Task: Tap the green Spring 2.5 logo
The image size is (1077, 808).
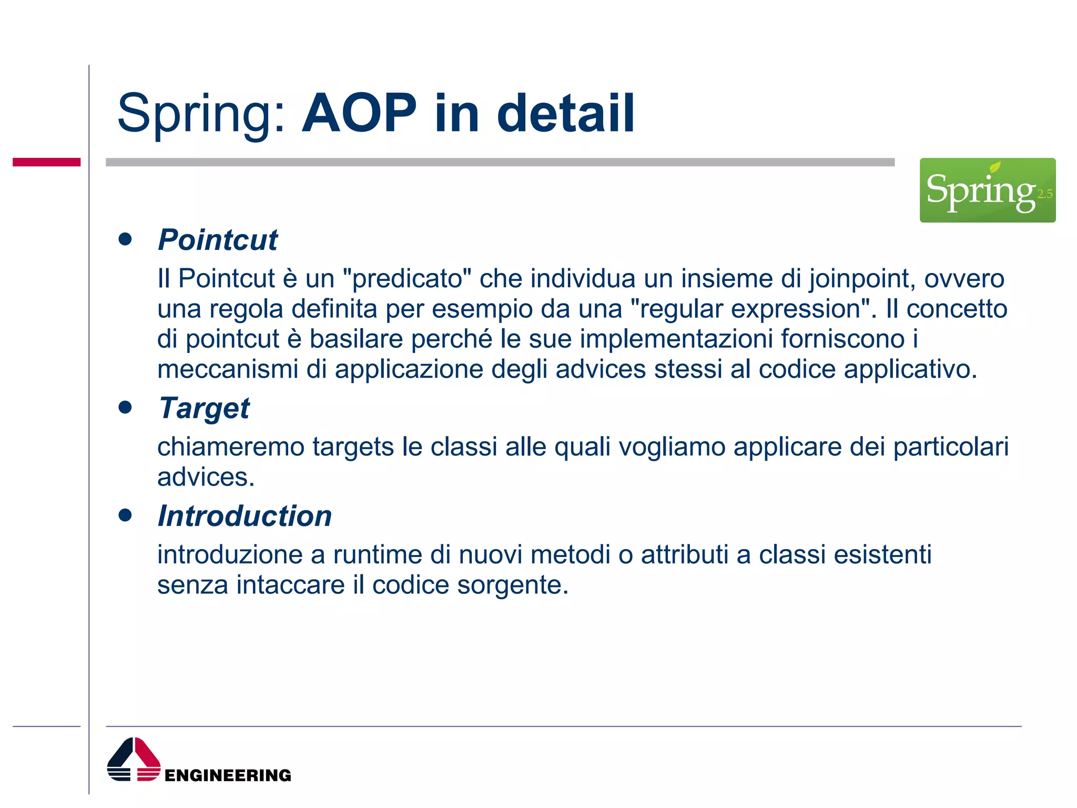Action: tap(987, 190)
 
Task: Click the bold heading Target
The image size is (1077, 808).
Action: tap(204, 408)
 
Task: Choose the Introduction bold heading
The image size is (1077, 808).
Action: tap(245, 516)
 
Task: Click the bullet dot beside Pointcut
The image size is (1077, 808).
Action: tap(125, 240)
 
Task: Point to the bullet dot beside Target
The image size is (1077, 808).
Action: tap(125, 408)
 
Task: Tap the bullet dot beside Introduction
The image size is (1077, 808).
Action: tap(125, 516)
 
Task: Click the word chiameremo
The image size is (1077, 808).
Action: tap(230, 447)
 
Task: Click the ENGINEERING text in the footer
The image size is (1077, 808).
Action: tap(228, 775)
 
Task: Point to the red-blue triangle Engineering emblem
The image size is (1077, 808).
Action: tap(134, 760)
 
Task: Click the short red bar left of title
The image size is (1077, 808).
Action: tap(46, 162)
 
